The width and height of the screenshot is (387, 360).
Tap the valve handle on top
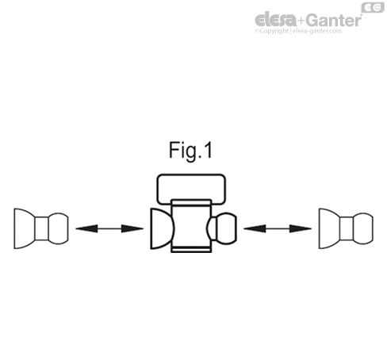point(190,188)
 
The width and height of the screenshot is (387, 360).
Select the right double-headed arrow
point(278,228)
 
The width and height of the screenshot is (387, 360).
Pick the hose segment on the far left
point(41,228)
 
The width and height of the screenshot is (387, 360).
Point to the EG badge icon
point(371,8)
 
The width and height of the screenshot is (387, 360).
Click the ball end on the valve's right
point(221,228)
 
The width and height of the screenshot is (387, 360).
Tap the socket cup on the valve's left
point(159,228)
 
